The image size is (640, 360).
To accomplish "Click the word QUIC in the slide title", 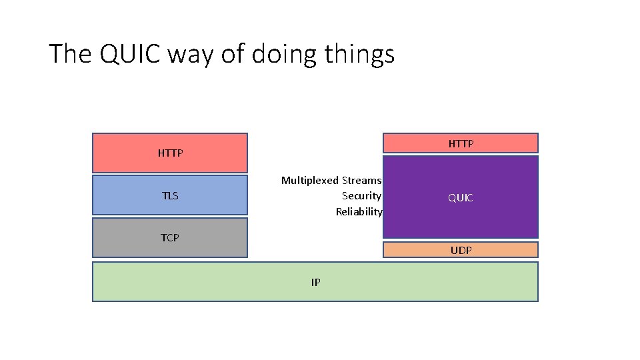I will [x=131, y=54].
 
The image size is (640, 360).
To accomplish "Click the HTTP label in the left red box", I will [x=170, y=153].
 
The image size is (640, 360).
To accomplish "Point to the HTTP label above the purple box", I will [x=461, y=143].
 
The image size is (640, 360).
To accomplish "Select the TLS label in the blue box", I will [x=170, y=196].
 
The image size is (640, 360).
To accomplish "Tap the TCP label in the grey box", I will [x=170, y=237].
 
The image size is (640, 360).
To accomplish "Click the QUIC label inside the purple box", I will [x=461, y=198].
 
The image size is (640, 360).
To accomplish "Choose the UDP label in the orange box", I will [x=461, y=250].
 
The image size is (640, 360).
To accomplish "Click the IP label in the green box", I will [x=315, y=282].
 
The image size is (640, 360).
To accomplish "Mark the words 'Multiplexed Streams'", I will [x=331, y=180].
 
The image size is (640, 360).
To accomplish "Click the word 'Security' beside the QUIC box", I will [x=361, y=196].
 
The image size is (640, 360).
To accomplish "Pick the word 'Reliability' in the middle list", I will [x=359, y=212].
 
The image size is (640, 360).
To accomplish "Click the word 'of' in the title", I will [x=233, y=54].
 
